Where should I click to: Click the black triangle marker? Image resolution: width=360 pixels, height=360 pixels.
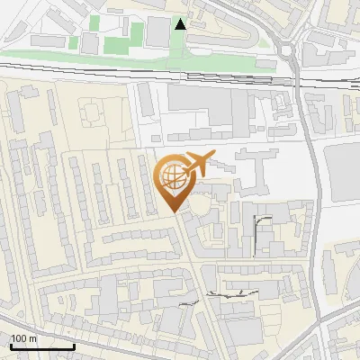coord(181,24)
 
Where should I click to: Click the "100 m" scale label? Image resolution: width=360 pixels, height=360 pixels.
coord(23,338)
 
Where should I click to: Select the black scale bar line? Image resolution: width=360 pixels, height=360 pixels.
coord(42,346)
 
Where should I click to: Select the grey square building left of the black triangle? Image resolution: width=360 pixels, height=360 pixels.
coord(158,31)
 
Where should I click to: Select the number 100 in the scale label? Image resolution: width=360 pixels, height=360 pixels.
coord(19,338)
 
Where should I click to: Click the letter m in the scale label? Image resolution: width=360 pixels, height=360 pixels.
coord(32,338)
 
